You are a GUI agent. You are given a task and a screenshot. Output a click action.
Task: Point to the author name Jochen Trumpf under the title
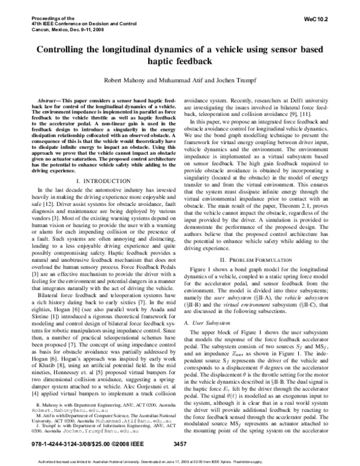(x=231, y=79)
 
